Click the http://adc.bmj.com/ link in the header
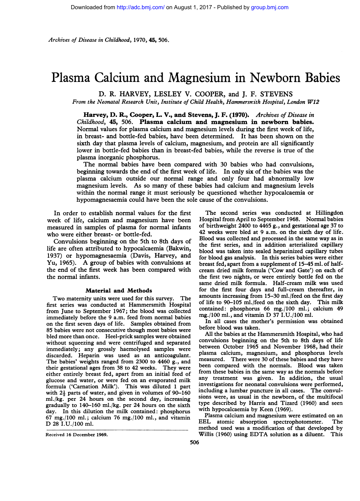(x=141, y=7)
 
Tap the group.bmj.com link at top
(x=270, y=7)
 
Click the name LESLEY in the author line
(x=167, y=94)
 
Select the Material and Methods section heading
(x=119, y=290)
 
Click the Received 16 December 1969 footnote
(x=77, y=434)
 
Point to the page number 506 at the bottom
(x=194, y=442)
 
